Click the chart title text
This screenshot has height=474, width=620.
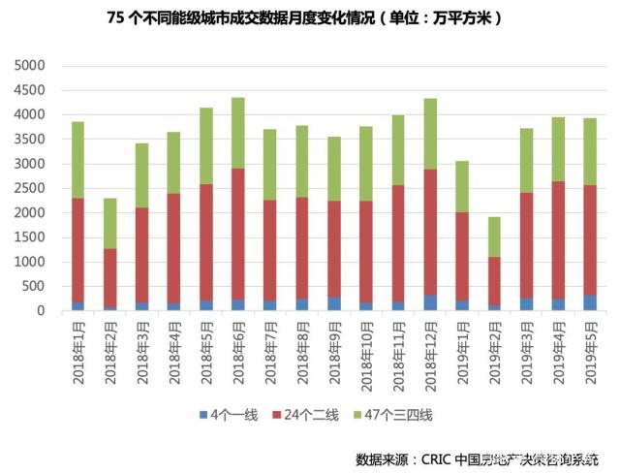pos(309,18)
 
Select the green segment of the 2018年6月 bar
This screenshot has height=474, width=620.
pos(238,132)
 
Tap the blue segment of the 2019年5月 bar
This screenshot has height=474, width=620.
pos(590,302)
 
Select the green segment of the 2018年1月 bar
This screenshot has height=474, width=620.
pos(78,160)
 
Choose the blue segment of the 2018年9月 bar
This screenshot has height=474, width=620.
pos(334,303)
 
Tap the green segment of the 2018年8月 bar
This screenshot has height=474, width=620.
pos(302,161)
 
